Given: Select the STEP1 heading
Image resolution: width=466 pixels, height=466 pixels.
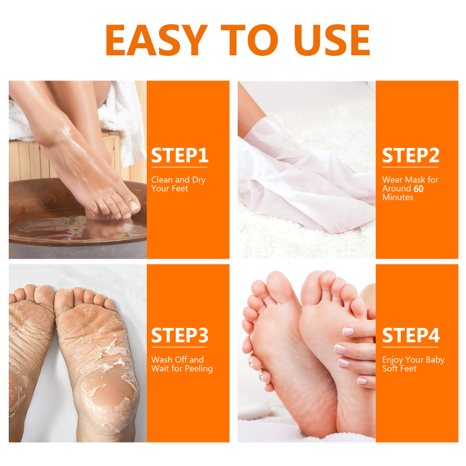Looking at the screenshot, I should point(179,156).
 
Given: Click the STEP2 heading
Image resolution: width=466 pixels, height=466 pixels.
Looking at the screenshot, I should point(410,156).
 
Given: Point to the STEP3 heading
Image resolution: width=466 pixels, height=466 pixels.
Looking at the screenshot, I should point(179,336).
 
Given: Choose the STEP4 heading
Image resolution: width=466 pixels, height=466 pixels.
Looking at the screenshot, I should point(410,336).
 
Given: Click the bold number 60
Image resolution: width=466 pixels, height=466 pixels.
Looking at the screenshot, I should point(419,189).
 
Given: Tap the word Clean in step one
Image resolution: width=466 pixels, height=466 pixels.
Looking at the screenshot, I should point(161,180).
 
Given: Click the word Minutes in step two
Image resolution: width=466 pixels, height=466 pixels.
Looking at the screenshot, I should point(398,197).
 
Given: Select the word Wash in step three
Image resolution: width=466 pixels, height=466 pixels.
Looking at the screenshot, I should point(162,360).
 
